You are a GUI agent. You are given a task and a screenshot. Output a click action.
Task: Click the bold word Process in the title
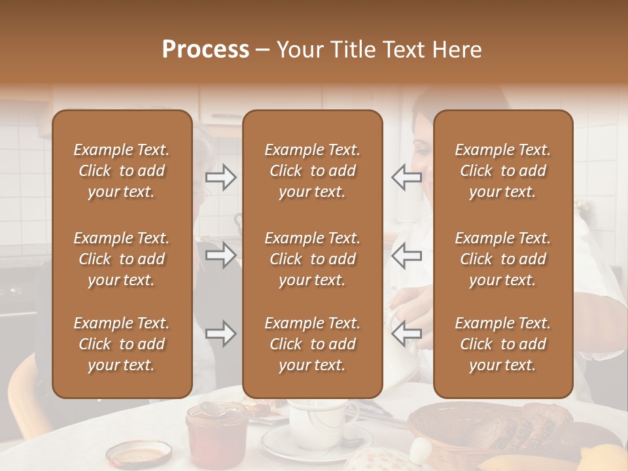tap(205, 50)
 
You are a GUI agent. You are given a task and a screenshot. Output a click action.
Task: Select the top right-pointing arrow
tap(221, 177)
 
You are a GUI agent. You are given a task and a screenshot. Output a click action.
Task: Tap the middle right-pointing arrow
tap(221, 255)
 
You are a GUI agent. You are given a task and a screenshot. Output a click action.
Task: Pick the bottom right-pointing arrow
tap(221, 334)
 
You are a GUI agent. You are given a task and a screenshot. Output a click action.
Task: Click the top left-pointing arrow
tap(406, 177)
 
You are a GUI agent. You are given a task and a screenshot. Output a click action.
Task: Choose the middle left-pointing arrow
tap(406, 255)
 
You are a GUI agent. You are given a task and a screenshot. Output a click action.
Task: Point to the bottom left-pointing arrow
tap(406, 334)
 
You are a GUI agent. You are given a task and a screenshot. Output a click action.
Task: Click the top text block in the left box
tap(122, 171)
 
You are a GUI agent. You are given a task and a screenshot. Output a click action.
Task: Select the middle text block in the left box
tap(122, 259)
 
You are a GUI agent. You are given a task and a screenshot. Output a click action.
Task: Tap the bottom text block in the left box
tap(122, 344)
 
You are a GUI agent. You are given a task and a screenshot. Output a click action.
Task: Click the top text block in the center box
tap(312, 171)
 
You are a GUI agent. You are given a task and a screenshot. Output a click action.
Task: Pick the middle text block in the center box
tap(312, 259)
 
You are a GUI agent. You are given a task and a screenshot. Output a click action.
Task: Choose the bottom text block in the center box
tap(312, 344)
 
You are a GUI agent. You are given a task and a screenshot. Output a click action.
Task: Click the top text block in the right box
tap(502, 171)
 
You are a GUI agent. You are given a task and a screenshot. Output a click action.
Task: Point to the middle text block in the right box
tap(502, 259)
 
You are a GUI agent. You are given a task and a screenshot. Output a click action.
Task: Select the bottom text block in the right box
tap(502, 344)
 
